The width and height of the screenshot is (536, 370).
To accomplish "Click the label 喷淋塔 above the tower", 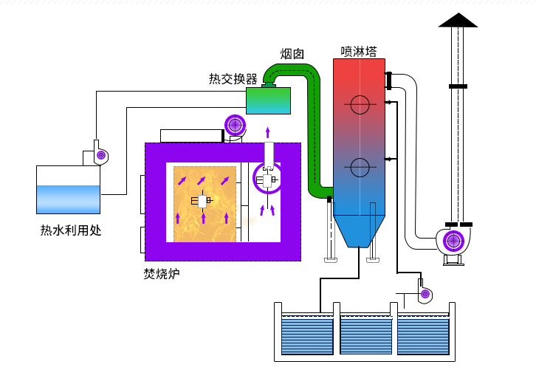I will (x=359, y=52).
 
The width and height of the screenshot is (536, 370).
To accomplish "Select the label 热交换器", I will (x=233, y=79).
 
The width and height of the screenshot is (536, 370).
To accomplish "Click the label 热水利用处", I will (x=70, y=230).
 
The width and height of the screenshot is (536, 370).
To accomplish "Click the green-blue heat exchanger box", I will (x=267, y=100).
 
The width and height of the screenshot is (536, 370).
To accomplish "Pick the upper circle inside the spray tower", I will (x=360, y=105).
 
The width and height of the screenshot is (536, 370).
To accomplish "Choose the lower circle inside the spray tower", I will (x=360, y=168).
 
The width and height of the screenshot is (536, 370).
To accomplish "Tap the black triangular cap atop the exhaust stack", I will (x=458, y=20).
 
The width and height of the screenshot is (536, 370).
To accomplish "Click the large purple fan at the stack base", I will (x=452, y=241).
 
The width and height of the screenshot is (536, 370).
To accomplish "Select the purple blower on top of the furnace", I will (x=235, y=125).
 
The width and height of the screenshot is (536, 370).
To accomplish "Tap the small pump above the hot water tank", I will (x=100, y=154).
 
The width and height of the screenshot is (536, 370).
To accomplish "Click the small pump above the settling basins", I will (x=425, y=295).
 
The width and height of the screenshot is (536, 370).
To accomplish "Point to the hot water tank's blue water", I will (x=68, y=199).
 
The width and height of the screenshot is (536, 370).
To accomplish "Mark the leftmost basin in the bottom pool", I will (x=308, y=334).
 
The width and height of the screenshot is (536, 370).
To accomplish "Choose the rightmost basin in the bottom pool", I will (x=423, y=334).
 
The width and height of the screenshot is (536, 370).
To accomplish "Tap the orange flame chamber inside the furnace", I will (x=205, y=204).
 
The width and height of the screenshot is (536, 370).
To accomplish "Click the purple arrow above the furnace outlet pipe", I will (x=268, y=132).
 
